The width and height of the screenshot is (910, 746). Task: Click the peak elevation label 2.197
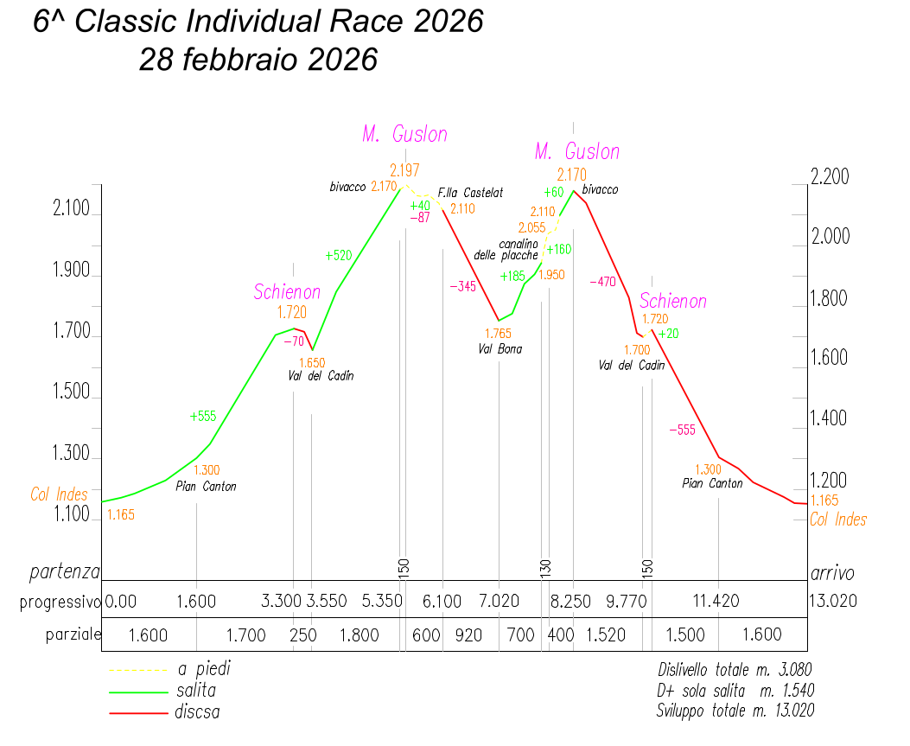pyautogui.click(x=405, y=170)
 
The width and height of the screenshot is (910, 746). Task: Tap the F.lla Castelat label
pyautogui.click(x=470, y=193)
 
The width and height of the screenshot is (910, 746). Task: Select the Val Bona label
pyautogui.click(x=500, y=349)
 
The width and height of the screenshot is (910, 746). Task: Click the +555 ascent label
pyautogui.click(x=203, y=416)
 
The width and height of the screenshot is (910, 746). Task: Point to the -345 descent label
pyautogui.click(x=462, y=287)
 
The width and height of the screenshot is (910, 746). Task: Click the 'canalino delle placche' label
pyautogui.click(x=506, y=250)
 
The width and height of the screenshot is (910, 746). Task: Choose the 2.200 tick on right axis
pyautogui.click(x=830, y=177)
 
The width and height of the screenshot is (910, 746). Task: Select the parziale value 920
pyautogui.click(x=468, y=635)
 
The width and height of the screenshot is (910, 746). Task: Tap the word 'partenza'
pyautogui.click(x=65, y=572)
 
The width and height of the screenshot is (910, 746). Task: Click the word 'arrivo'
pyautogui.click(x=832, y=573)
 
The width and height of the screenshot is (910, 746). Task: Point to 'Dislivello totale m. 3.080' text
pyautogui.click(x=735, y=669)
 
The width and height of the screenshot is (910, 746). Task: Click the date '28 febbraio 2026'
pyautogui.click(x=258, y=60)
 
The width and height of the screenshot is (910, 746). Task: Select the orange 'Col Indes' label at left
pyautogui.click(x=59, y=495)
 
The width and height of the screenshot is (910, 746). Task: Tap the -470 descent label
pyautogui.click(x=601, y=282)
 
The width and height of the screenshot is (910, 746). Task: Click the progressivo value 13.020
pyautogui.click(x=832, y=601)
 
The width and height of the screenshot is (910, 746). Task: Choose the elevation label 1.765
pyautogui.click(x=498, y=334)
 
